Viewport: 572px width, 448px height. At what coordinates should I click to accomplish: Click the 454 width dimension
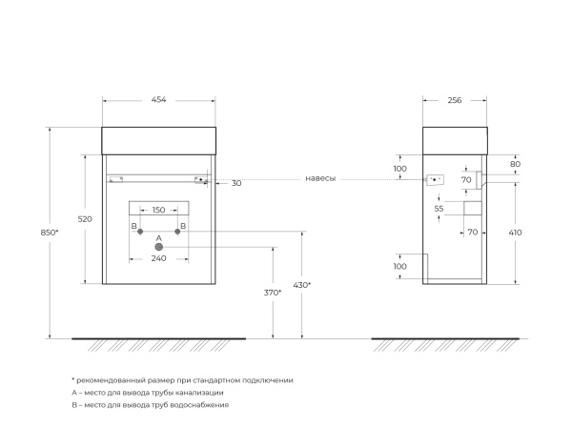[158, 101]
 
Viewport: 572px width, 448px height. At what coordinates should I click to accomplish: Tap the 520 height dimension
[84, 219]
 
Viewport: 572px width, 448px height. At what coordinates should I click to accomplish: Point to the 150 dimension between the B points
[159, 210]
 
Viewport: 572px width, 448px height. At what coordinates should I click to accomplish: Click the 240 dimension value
[159, 258]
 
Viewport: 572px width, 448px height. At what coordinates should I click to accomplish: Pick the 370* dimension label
[273, 293]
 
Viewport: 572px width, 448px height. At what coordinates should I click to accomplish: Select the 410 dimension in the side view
[516, 232]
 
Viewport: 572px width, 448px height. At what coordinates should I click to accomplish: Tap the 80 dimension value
[516, 164]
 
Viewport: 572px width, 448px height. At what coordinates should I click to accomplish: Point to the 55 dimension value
[439, 208]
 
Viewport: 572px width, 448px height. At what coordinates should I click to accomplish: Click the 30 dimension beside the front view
[236, 183]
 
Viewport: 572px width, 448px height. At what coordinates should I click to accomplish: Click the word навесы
[321, 179]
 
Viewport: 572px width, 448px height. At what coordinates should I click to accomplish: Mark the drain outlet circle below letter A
[159, 247]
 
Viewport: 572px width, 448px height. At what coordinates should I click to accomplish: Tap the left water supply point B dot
[139, 233]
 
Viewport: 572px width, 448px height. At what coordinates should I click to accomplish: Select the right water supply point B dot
[178, 233]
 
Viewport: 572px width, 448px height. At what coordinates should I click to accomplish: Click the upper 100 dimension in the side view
[399, 169]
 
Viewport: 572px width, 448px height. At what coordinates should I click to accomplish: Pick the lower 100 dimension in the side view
[399, 266]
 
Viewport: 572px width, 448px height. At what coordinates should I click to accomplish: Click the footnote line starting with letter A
[148, 393]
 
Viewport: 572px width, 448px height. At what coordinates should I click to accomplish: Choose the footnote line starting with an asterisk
[182, 380]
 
